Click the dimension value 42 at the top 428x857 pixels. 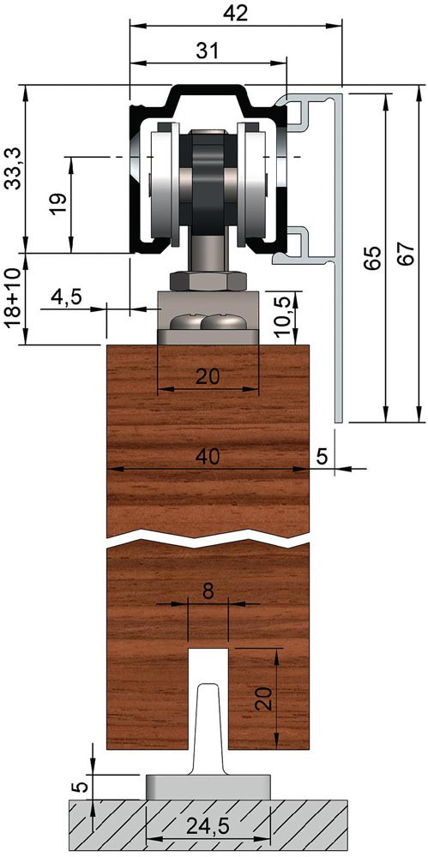point(236,13)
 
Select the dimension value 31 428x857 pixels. point(208,51)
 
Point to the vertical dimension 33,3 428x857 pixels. point(13,169)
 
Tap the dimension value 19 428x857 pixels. point(60,203)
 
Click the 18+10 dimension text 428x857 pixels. point(13,298)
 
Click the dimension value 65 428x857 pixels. point(371,259)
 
